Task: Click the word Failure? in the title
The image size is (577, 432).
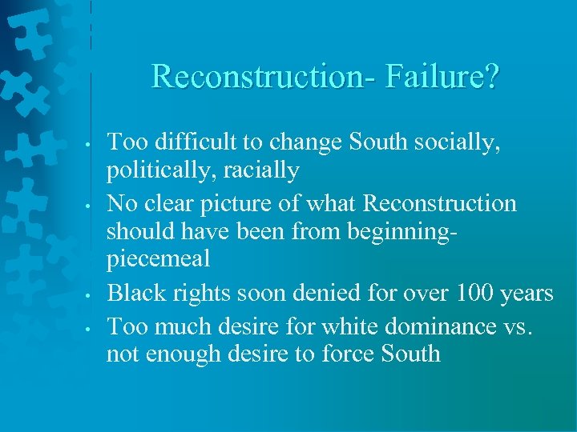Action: tap(442, 78)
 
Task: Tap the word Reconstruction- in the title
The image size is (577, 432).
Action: tap(264, 78)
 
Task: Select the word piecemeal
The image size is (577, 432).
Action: tap(158, 259)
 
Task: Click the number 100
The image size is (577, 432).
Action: tap(476, 294)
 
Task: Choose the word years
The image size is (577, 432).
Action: tap(528, 294)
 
